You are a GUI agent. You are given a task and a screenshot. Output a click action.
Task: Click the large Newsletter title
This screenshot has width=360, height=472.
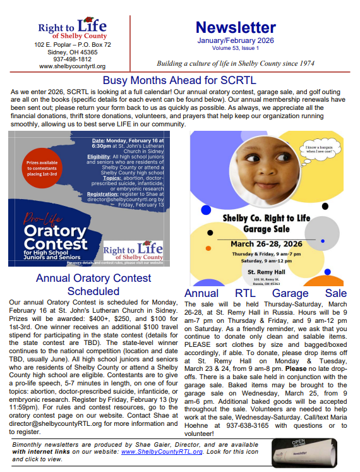coord(236,27)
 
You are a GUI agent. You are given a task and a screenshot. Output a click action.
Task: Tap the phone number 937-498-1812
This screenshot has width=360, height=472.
coord(72,59)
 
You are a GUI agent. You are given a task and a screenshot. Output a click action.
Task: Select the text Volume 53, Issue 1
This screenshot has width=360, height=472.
coord(235,47)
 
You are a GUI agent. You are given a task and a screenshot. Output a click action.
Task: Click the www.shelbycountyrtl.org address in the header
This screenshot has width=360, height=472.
coord(72,66)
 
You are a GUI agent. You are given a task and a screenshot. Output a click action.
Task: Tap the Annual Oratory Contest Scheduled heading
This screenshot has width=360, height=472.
coord(93,284)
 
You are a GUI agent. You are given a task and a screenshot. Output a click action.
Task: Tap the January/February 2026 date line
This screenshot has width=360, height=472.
coord(235,40)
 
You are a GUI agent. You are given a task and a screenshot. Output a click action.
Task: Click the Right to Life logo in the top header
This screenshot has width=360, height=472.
coord(71,29)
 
